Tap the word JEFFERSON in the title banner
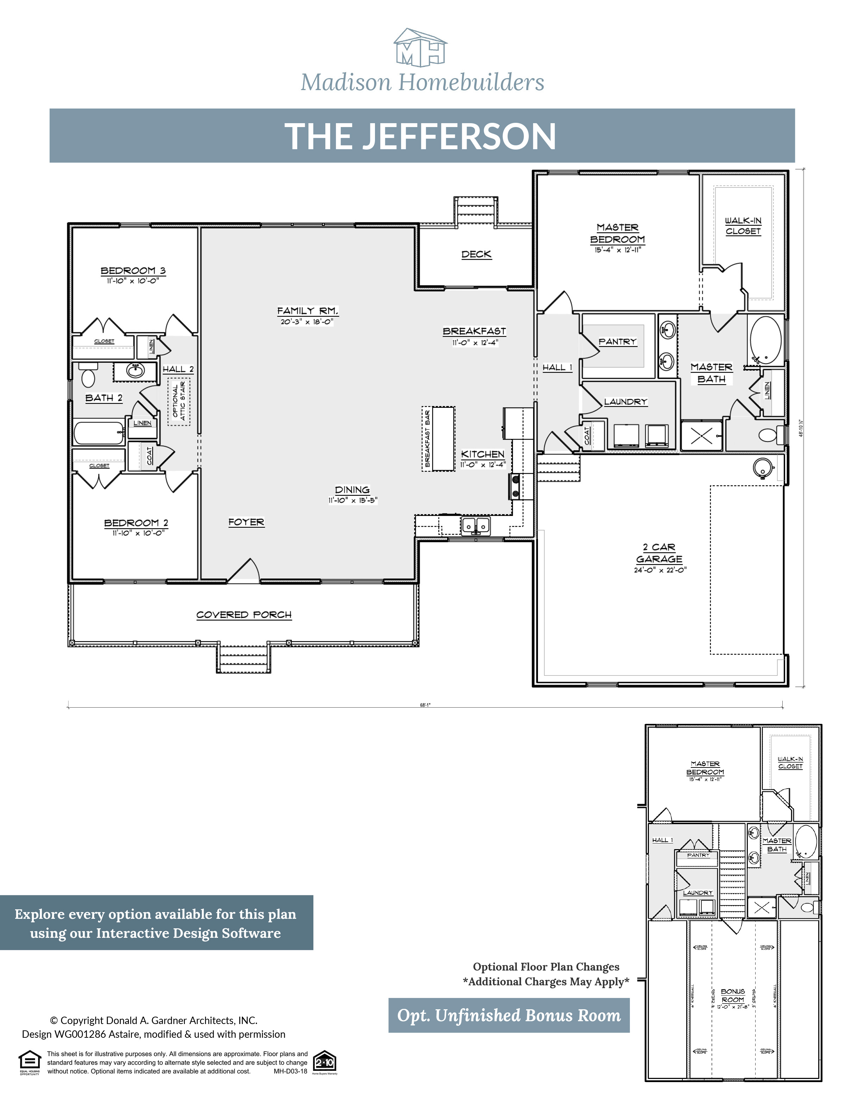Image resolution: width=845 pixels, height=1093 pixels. point(459,137)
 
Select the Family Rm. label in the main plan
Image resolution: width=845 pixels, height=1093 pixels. point(307,311)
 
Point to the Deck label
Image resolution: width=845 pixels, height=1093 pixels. point(476,254)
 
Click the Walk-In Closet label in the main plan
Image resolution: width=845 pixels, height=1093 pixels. point(743,226)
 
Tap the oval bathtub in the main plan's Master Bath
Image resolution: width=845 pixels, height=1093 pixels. point(765,340)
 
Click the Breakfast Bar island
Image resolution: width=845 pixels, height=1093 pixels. point(444,439)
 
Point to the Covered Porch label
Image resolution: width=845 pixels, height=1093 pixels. point(244,614)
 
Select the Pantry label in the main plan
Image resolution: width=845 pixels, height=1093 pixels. point(617,342)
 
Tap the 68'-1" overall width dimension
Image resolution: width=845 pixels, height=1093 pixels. point(425,705)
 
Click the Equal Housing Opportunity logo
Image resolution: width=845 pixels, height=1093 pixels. point(30,1062)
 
